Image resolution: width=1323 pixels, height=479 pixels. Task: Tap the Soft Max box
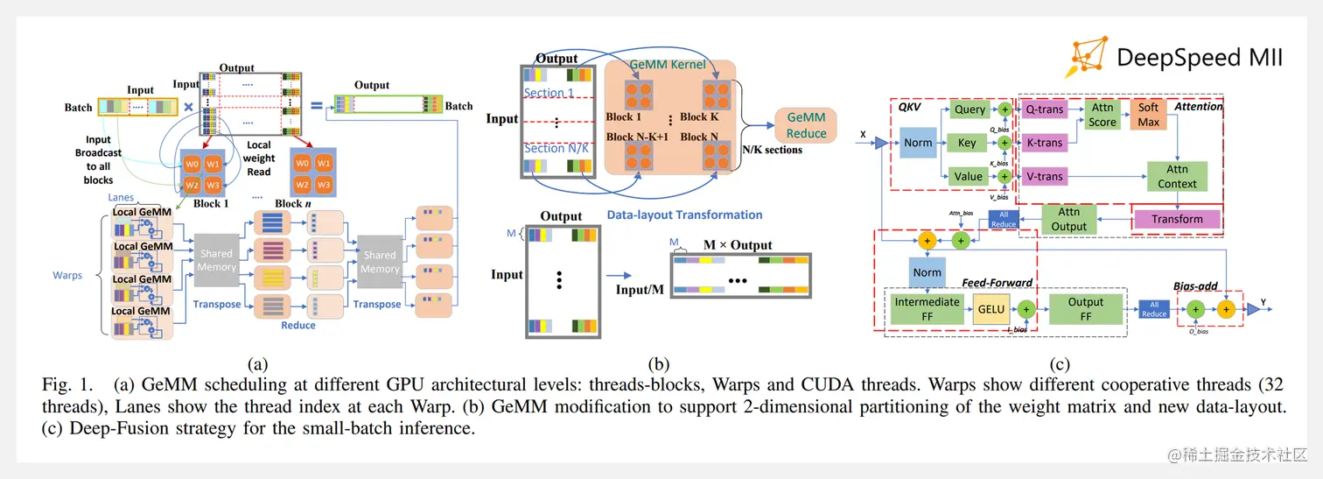tap(1148, 115)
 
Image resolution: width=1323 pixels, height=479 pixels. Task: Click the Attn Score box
tap(1102, 115)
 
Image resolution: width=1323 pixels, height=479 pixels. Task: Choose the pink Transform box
tap(1177, 219)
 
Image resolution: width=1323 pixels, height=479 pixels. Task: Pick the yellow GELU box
tap(991, 309)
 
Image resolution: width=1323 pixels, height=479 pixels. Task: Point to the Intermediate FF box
tap(927, 309)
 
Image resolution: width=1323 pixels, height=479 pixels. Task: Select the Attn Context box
tap(1177, 176)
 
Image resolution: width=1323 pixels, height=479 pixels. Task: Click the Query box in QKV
tap(969, 109)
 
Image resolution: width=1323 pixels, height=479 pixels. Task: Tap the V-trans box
tap(1044, 176)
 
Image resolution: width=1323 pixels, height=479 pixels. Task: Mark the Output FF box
tap(1086, 309)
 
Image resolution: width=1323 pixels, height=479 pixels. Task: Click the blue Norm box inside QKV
tap(918, 143)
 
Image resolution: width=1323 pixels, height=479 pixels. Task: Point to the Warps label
tap(67, 275)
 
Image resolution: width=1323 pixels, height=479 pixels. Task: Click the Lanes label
tap(121, 198)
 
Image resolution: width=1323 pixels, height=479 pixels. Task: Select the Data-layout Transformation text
tap(684, 215)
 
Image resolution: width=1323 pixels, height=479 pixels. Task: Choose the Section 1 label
tap(549, 93)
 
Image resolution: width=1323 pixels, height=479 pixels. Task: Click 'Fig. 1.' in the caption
tap(63, 384)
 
